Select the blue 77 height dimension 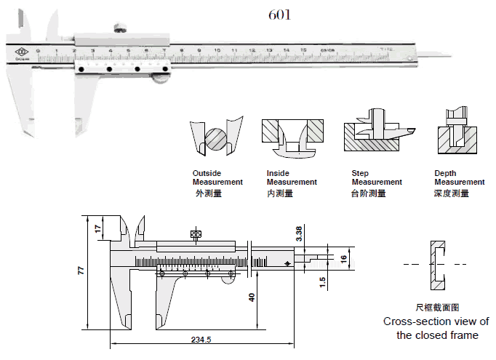81,271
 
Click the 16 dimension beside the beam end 345,257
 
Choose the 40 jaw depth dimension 251,297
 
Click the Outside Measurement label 217,177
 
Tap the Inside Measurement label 291,177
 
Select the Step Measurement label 376,177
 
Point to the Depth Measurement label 459,177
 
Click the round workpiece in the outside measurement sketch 213,137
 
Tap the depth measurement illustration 457,135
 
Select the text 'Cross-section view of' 436,321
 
